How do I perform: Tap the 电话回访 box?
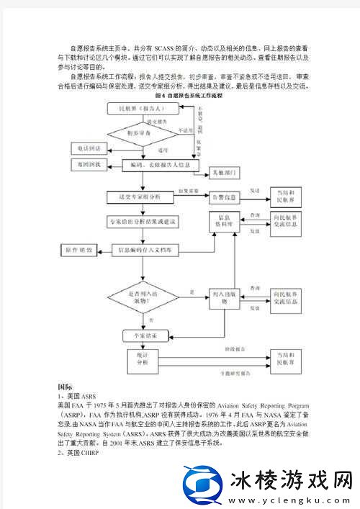pyautogui.click(x=89, y=148)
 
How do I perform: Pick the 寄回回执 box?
pyautogui.click(x=89, y=166)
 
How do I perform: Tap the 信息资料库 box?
pyautogui.click(x=223, y=220)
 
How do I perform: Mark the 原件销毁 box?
pyautogui.click(x=78, y=249)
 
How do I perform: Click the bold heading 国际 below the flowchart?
pyautogui.click(x=65, y=387)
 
